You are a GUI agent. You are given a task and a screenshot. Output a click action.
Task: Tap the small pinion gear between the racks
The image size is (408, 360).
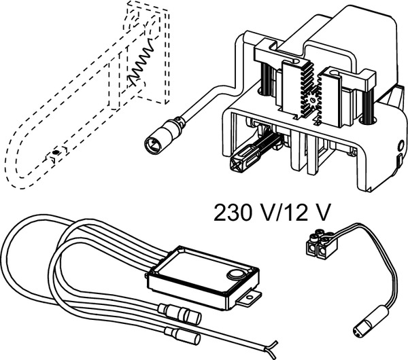point(312,99)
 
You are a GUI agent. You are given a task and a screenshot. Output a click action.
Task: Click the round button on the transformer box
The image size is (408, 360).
point(236,274)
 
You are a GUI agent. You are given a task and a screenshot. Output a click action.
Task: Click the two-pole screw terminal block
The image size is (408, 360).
point(320,244)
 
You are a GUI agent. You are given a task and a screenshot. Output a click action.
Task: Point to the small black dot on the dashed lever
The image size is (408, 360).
point(55,152)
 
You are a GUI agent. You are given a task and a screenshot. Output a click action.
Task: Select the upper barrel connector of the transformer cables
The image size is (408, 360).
point(180,313)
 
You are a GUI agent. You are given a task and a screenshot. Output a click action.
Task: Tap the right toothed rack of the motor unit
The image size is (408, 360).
point(328,96)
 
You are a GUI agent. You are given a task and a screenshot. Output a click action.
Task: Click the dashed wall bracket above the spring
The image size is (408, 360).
point(147,16)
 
